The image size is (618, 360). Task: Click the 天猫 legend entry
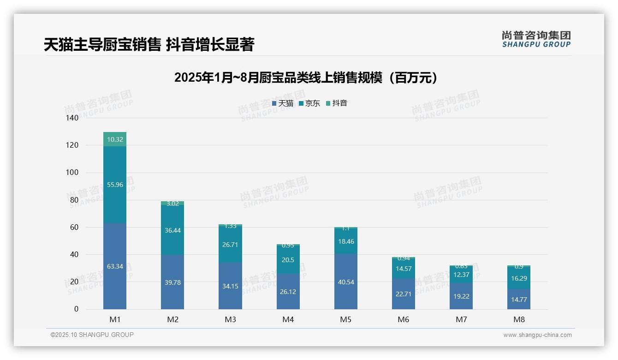coord(283,103)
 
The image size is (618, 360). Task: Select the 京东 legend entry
coord(309,103)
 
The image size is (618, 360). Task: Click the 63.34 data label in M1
coord(115,266)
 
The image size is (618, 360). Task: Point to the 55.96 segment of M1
coord(115,185)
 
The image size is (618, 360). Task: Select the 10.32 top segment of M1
coord(115,139)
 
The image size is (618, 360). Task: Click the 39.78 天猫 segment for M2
coord(172,282)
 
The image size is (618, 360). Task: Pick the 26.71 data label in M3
coord(230,245)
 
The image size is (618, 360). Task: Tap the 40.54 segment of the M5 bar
coord(346,282)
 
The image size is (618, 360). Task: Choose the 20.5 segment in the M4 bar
coord(288,260)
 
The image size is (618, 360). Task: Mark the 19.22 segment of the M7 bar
coord(461,296)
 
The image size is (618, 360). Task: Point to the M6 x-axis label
coord(404,319)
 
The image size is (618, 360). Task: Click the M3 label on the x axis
coord(230,319)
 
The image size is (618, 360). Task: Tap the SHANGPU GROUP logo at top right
coord(536,39)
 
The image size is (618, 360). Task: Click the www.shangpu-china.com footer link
coord(537,335)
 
